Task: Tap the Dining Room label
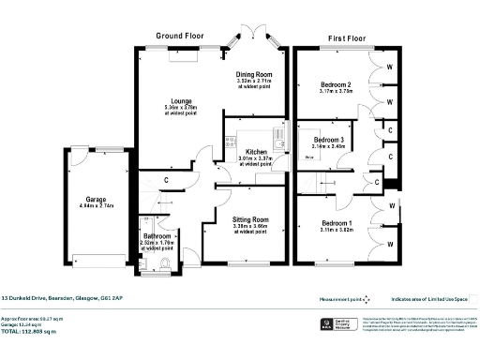(x=253, y=74)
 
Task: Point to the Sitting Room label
(x=250, y=218)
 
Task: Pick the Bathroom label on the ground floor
(x=157, y=236)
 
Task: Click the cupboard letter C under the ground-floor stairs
(x=166, y=179)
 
